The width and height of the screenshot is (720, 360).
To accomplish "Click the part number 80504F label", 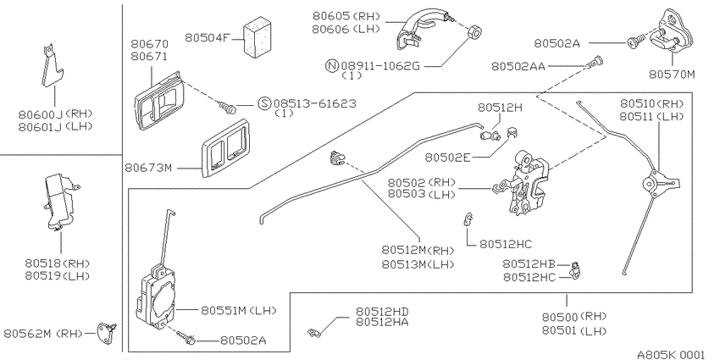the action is (207, 37).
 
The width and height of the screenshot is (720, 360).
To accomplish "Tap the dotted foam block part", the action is (258, 37).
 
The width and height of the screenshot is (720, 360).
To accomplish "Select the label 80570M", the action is (672, 74).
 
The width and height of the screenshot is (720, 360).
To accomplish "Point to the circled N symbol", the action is (332, 66).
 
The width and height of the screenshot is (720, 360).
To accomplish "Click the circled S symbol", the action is (264, 103).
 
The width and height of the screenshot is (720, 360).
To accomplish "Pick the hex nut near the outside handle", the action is (473, 33).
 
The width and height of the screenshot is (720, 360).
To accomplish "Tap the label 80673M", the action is (148, 168).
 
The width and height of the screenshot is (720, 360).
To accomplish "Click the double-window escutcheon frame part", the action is (225, 148).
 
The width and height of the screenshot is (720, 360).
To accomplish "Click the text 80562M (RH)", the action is (43, 334).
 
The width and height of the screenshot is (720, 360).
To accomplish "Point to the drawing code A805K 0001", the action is (670, 354).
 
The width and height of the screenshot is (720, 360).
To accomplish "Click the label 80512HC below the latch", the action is (506, 244).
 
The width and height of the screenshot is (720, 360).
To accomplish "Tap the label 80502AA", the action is (518, 67).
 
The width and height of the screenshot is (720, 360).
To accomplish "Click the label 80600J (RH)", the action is (56, 114).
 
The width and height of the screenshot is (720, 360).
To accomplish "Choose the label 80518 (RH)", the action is (58, 263).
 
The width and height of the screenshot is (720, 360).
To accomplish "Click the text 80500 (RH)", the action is (574, 317).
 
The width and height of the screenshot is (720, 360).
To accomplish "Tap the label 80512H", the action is (500, 108).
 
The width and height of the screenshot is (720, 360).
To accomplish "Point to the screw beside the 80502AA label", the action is (595, 62).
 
